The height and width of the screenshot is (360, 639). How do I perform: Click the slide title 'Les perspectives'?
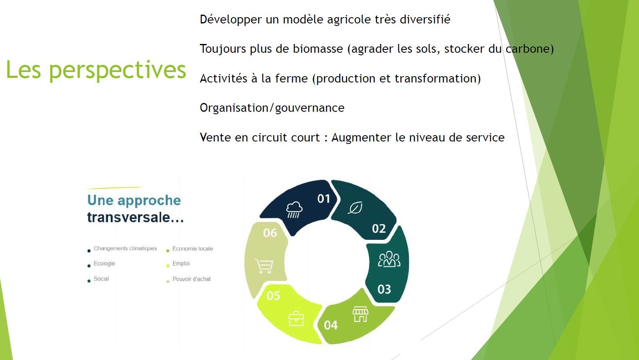point(96,70)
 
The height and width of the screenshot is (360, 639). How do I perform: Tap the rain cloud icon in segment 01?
point(294,210)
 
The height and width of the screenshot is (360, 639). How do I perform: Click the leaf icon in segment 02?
point(355,208)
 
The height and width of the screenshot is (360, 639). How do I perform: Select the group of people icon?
point(389,259)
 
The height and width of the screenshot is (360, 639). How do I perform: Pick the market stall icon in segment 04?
point(361,314)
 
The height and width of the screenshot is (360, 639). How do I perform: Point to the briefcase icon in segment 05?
point(296,319)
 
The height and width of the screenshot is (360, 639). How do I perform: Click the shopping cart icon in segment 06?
point(264,266)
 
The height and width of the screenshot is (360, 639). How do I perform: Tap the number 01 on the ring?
point(324,198)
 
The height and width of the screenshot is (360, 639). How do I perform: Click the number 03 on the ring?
point(384,289)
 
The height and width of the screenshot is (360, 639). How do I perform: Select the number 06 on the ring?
point(270,233)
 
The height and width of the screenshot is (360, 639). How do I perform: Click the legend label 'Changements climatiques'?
point(125,249)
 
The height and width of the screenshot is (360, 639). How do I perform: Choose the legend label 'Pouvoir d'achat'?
point(191,279)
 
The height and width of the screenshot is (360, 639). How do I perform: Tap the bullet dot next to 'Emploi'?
point(168,266)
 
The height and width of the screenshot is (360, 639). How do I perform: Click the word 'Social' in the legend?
point(101,279)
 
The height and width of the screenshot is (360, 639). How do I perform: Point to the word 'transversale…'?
point(136,217)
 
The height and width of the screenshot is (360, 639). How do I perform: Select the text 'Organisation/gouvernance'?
point(272,108)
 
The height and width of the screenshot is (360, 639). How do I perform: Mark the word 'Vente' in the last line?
point(216,137)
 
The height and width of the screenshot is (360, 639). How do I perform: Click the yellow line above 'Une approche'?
point(115,188)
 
